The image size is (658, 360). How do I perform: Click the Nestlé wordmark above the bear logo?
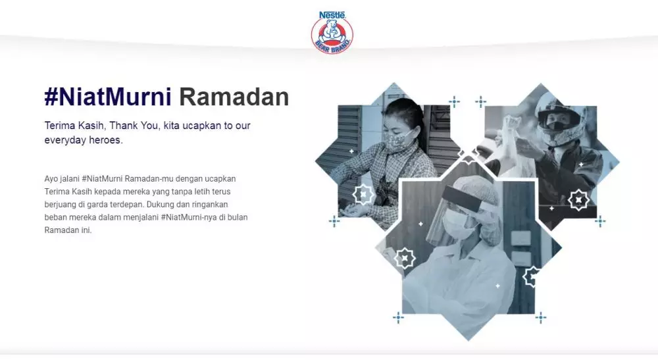coord(332,14)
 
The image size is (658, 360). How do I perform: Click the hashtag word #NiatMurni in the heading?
coord(107,97)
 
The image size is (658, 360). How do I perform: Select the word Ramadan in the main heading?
coord(234,97)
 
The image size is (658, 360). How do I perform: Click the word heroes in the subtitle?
coord(105,140)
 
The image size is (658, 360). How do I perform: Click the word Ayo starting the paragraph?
coord(53,179)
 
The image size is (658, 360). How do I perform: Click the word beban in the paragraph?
coord(57,218)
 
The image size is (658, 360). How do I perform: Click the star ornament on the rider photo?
coord(578,199)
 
